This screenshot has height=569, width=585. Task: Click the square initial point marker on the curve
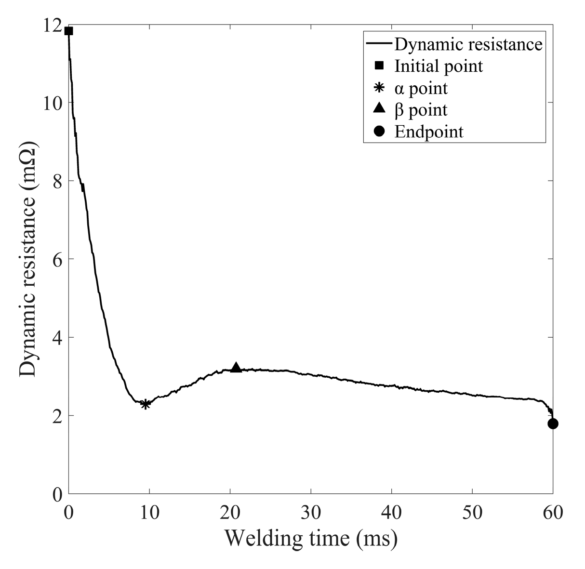click(x=68, y=31)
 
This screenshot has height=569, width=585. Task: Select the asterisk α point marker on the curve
click(x=145, y=404)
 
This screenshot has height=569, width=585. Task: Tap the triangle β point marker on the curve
click(x=236, y=368)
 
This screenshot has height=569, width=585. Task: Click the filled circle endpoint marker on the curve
click(x=553, y=423)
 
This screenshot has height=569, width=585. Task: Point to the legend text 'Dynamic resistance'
click(x=468, y=44)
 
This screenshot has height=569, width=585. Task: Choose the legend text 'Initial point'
click(x=439, y=66)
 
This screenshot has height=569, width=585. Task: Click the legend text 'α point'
click(x=421, y=88)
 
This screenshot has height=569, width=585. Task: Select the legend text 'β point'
click(x=421, y=110)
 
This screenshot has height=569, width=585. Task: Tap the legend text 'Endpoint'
click(x=429, y=132)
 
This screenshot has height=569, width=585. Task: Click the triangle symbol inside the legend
click(x=379, y=109)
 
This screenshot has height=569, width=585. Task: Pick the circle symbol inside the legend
click(x=379, y=132)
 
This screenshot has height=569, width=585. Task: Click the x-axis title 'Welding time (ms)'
click(x=311, y=538)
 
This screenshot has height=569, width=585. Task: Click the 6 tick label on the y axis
click(x=56, y=259)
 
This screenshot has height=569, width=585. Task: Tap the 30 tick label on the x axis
click(x=311, y=512)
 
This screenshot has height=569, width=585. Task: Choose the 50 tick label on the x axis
click(x=472, y=512)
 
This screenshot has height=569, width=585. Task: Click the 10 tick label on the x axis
click(x=149, y=512)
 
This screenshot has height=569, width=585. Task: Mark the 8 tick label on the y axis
click(x=56, y=181)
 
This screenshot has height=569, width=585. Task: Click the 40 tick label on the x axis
click(x=391, y=512)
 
